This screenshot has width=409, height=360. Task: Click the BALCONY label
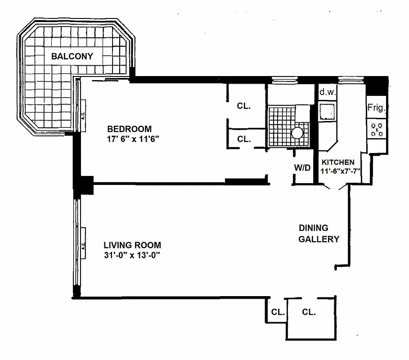pos(72,56)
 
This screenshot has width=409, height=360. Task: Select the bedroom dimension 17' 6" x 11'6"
pos(131,139)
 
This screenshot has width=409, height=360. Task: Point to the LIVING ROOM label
pos(132,245)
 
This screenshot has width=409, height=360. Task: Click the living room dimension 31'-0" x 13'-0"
pos(132,256)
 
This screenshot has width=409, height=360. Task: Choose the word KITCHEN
pos(338,162)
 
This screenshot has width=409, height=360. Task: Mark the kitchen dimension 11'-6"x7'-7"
pos(340,171)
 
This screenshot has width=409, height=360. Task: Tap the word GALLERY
pos(319,239)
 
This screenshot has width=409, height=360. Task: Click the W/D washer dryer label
pos(302,168)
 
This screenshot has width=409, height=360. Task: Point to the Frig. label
pos(377,108)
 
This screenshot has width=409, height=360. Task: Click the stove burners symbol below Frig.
pos(377,130)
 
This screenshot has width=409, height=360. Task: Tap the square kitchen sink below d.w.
pos(327,110)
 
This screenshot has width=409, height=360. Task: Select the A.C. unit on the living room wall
pos(83,245)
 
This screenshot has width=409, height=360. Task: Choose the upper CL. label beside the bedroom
pos(244,107)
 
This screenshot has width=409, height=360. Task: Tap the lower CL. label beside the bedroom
pos(244,139)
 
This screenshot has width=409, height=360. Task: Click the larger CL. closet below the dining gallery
pos(309,311)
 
